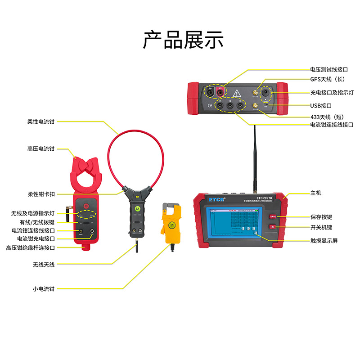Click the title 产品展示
(x=183, y=40)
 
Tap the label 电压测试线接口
(x=329, y=70)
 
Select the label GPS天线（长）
(x=327, y=79)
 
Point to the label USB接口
(x=321, y=106)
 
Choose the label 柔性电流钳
(x=40, y=121)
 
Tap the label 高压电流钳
(x=40, y=148)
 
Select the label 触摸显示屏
(x=324, y=241)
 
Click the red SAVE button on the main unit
(x=273, y=216)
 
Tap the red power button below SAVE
(x=273, y=226)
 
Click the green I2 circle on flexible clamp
(x=138, y=209)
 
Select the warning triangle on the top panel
(x=237, y=93)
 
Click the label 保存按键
(x=321, y=216)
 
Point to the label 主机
(x=315, y=193)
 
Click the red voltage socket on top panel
(x=220, y=92)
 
